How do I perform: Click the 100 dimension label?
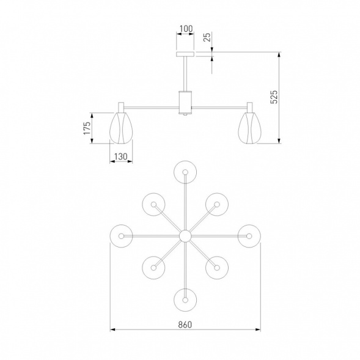[186, 29]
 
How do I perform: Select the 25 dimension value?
[207, 37]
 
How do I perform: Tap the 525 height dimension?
[274, 97]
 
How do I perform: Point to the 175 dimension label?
[87, 128]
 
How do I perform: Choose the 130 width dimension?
[121, 156]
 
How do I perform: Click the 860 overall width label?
[185, 325]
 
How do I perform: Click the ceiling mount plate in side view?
[185, 54]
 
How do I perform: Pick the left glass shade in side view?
[121, 128]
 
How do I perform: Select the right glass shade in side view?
[249, 128]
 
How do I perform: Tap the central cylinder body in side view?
[185, 103]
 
